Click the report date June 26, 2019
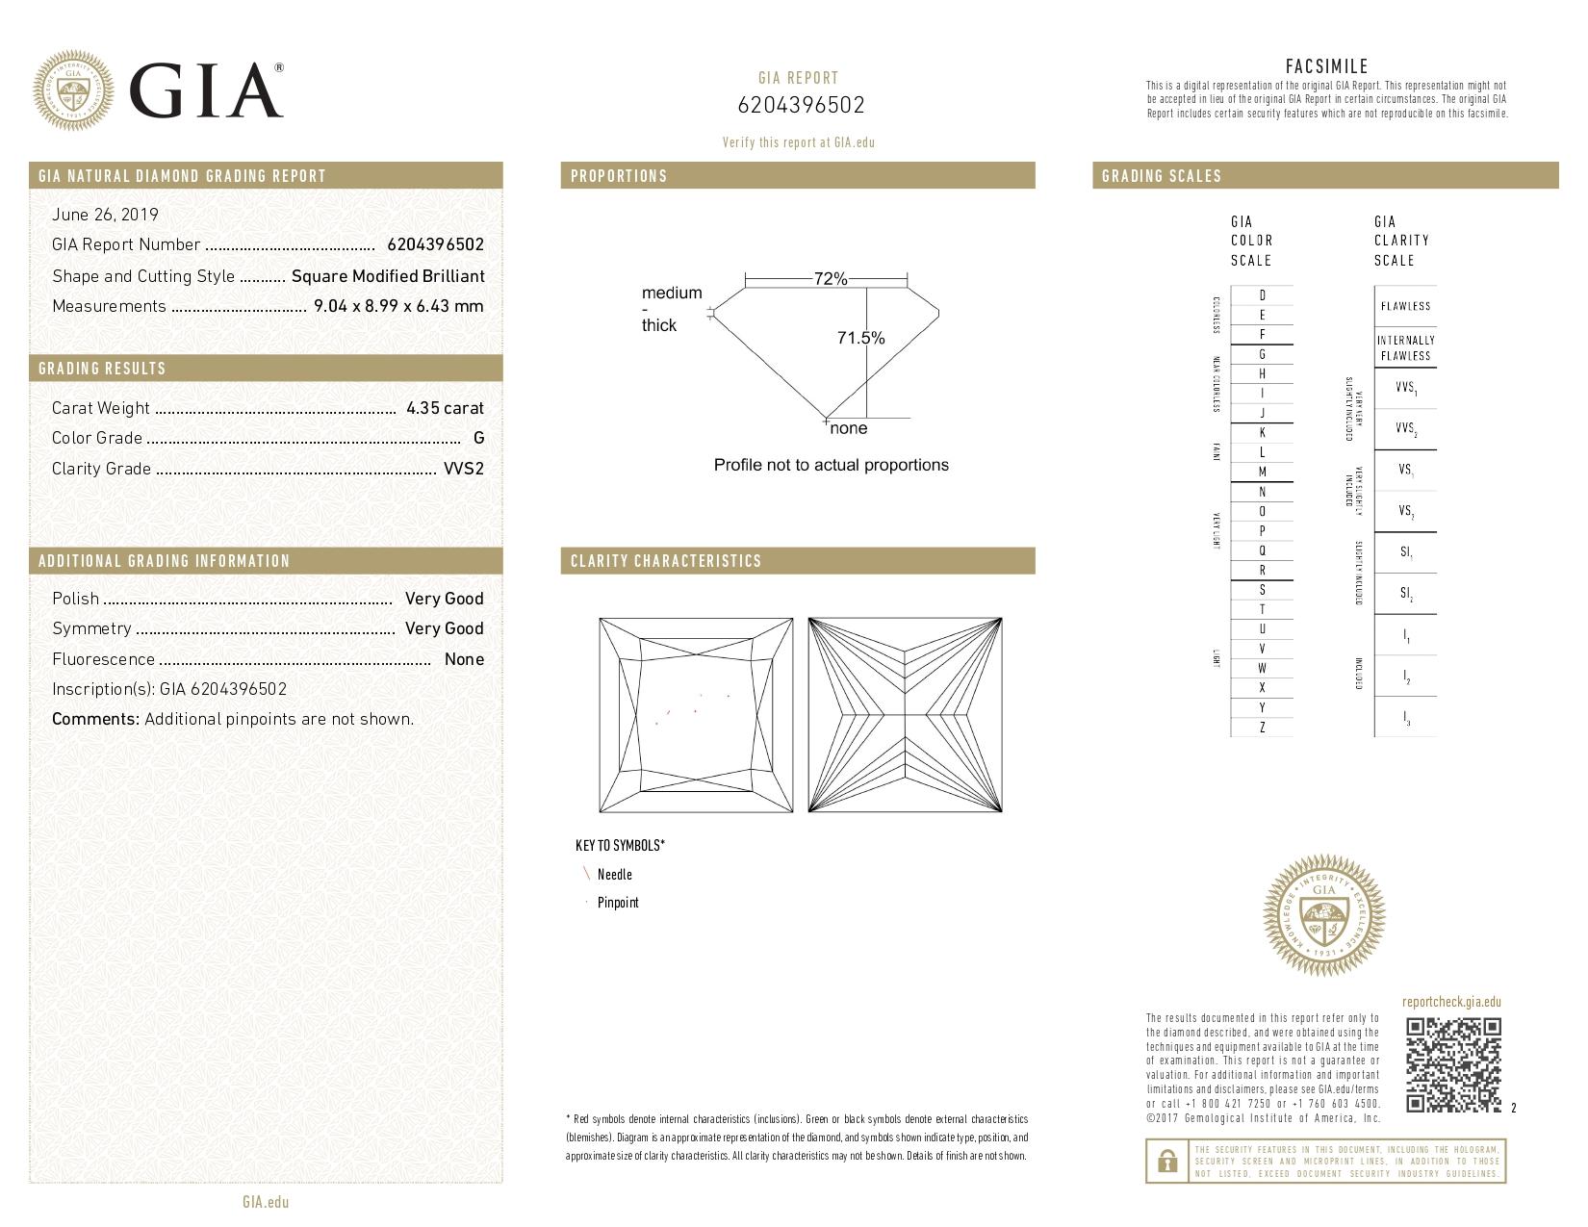tap(105, 215)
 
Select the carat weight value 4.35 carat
tap(445, 408)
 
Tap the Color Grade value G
tap(478, 438)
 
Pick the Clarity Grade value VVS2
tap(463, 469)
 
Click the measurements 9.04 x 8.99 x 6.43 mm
tap(398, 306)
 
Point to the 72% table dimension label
tap(830, 279)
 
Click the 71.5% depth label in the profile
tap(860, 338)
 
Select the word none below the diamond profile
tap(848, 428)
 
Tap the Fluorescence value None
tap(464, 659)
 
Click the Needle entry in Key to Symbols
tap(614, 874)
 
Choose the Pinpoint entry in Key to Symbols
tap(617, 903)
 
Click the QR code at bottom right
tap(1453, 1065)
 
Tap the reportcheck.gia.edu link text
tap(1451, 1002)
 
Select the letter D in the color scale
tap(1262, 295)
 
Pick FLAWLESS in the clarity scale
tap(1405, 306)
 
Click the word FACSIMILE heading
tap(1326, 66)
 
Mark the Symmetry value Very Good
tap(444, 628)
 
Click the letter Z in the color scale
tap(1262, 728)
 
